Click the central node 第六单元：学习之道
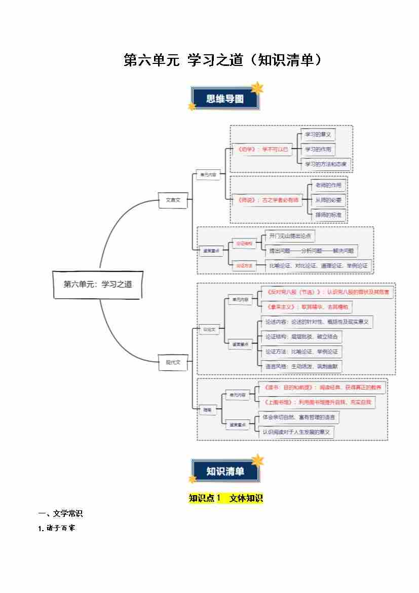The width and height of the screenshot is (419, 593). click(98, 284)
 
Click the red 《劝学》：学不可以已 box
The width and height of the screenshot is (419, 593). click(262, 149)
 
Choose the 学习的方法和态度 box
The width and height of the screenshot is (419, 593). click(325, 164)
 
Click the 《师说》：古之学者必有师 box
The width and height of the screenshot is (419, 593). click(268, 200)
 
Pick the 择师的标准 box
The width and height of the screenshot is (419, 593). click(328, 215)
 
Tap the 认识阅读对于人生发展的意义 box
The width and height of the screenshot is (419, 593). click(296, 432)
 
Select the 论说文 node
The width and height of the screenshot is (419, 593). click(209, 329)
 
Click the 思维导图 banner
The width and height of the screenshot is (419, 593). click(225, 98)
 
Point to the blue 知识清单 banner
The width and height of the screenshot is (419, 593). click(225, 471)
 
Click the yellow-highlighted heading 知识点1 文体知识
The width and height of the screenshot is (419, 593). click(226, 498)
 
